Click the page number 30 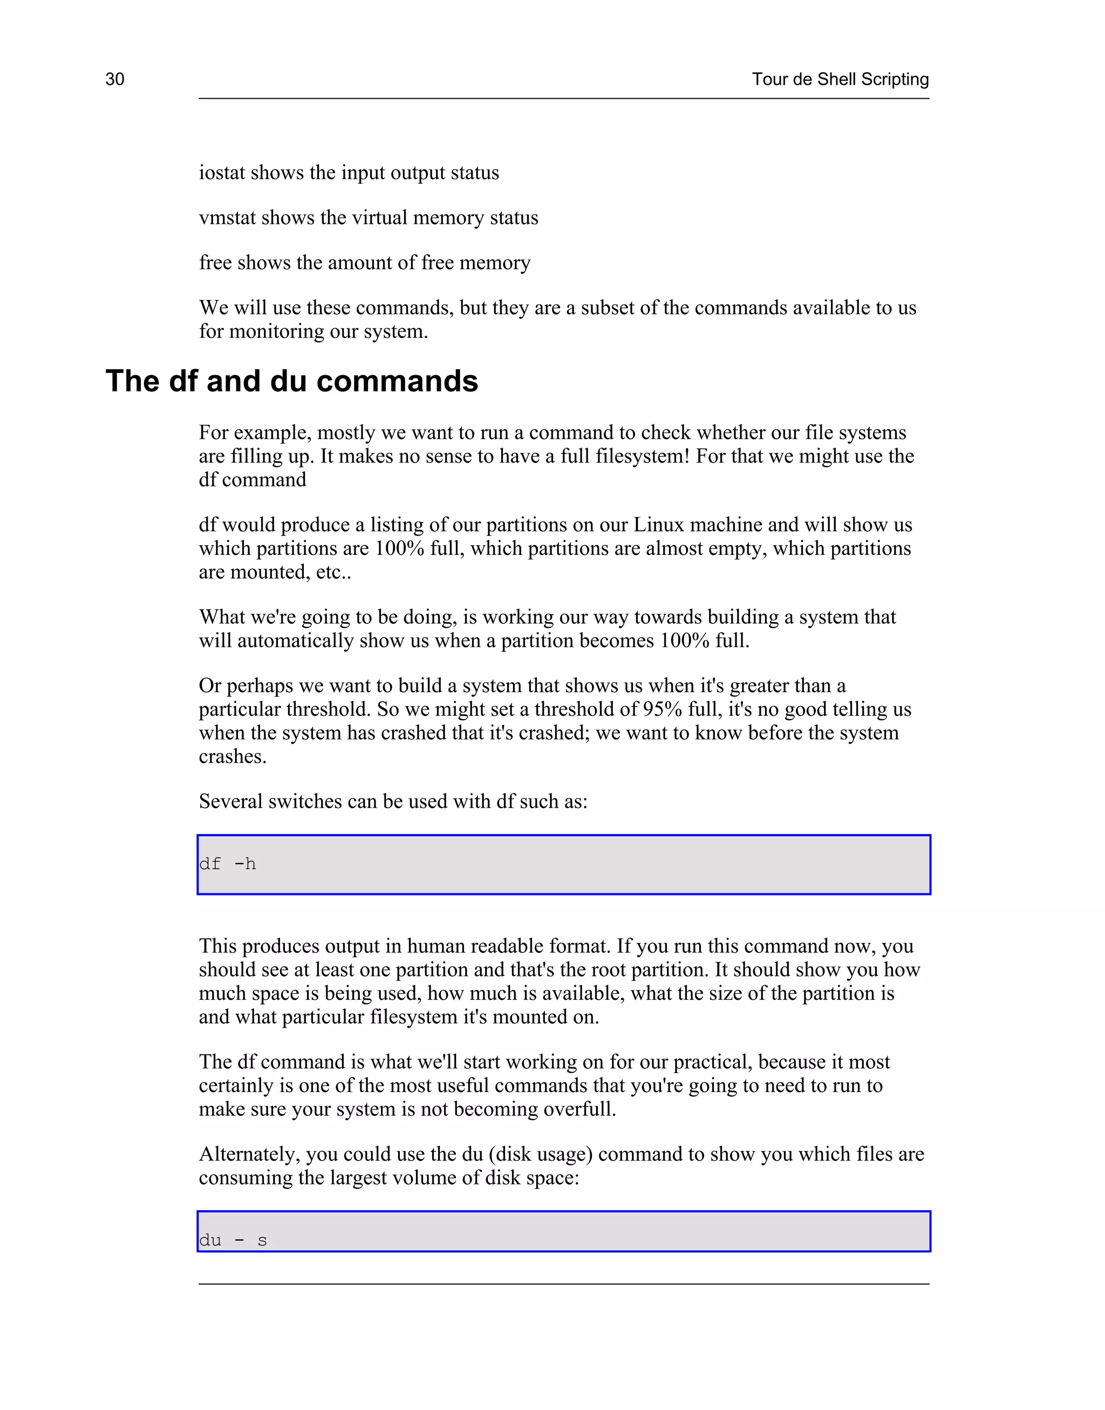pyautogui.click(x=114, y=79)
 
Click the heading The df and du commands pyautogui.click(x=292, y=381)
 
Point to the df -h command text pyautogui.click(x=228, y=864)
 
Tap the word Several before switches pyautogui.click(x=231, y=801)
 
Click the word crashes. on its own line pyautogui.click(x=232, y=756)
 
